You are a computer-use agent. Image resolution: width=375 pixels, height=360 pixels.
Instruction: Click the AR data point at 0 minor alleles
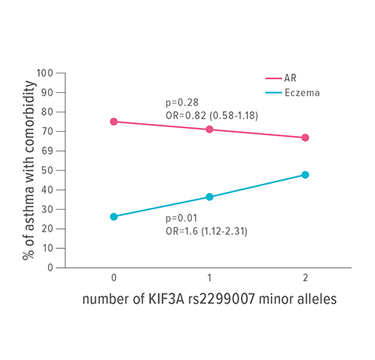pyautogui.click(x=114, y=121)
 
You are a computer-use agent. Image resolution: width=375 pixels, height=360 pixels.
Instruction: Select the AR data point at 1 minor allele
pyautogui.click(x=209, y=130)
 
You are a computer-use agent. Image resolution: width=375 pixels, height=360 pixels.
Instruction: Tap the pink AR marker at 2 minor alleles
pyautogui.click(x=305, y=138)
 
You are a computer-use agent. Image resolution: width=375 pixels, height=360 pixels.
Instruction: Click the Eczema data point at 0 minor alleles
pyautogui.click(x=114, y=217)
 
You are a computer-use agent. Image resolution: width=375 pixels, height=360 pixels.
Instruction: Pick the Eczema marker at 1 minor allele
pyautogui.click(x=209, y=197)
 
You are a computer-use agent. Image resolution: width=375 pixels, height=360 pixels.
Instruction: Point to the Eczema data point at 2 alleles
pyautogui.click(x=305, y=175)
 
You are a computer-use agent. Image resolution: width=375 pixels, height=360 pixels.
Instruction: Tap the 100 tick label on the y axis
pyautogui.click(x=47, y=73)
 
